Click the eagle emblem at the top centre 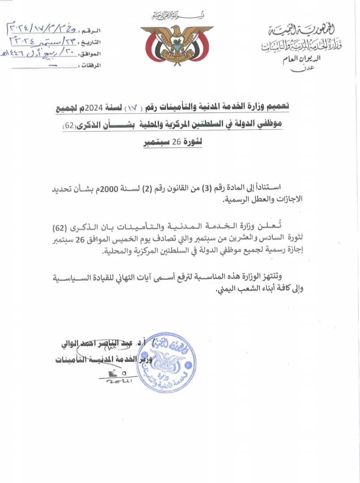pos(177,44)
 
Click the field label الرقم pos(94,31)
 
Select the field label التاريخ pos(92,42)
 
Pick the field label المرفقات pos(91,66)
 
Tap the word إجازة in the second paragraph pos(291,251)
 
